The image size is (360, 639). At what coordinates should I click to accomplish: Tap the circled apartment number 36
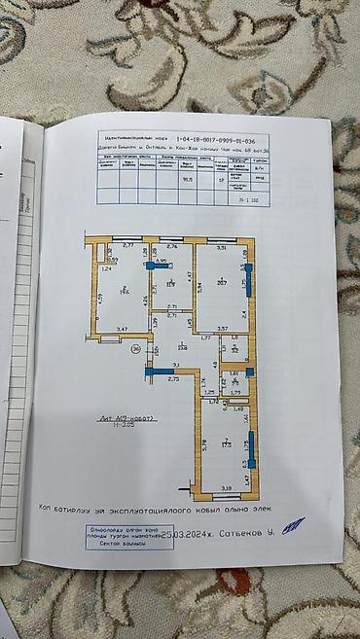136,347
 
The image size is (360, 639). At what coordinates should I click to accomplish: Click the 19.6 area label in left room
125,289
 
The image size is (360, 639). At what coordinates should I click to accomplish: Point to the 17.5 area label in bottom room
226,443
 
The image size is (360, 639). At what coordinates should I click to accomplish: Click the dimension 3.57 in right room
222,329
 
